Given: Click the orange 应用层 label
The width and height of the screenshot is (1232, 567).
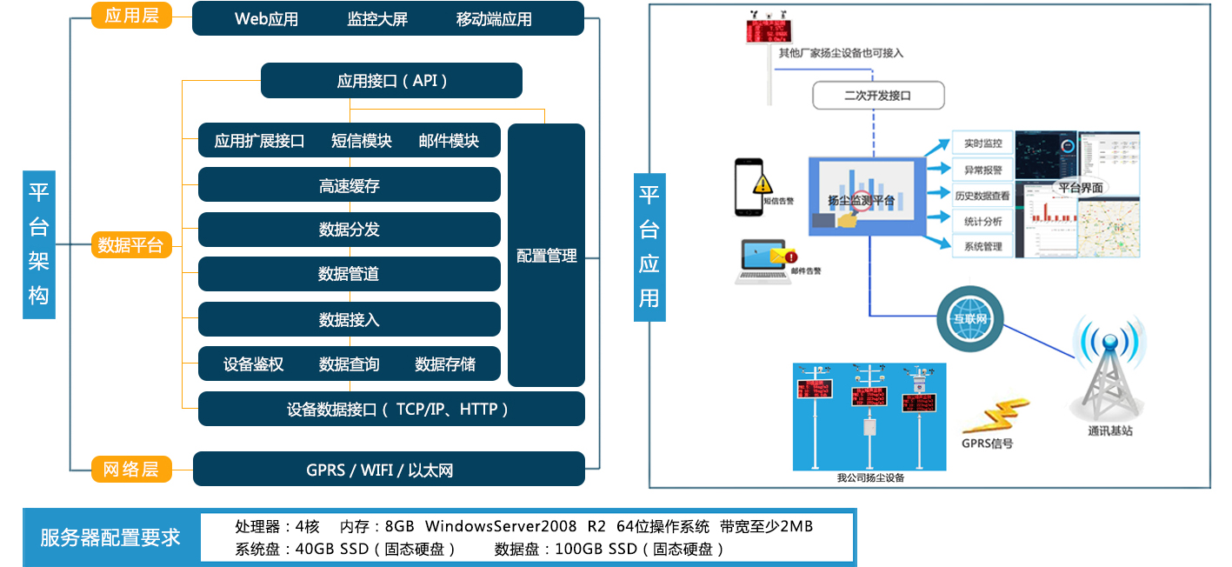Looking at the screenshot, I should point(131,16).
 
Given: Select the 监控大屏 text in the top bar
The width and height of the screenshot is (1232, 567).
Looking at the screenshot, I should point(377,19).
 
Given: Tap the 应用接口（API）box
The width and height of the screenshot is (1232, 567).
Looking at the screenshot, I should point(391,81).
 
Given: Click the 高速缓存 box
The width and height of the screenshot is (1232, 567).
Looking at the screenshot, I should point(349,185).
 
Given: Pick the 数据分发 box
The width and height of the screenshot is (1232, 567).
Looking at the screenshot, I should point(349,230).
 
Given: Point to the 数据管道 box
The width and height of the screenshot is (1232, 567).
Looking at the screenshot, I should point(349,274).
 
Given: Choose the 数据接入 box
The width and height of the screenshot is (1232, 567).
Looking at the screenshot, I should point(349,319).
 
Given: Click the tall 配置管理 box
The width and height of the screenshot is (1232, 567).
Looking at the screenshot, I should point(546,256).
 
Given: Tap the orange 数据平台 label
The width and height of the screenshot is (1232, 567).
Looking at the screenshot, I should point(131,245).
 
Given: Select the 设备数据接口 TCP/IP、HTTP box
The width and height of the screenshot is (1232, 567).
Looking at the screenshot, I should point(391,409).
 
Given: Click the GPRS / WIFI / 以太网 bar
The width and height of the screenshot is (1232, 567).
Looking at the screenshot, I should point(388,470).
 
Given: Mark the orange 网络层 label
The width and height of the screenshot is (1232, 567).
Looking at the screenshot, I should point(131,470).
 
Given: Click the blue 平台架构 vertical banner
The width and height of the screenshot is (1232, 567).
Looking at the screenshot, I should point(38,244).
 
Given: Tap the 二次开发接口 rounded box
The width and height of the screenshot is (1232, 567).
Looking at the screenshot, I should point(877,95).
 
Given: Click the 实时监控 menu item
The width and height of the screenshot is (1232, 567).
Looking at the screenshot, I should point(982,143).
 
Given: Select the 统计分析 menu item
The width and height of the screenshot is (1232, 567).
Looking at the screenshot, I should point(982,221).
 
